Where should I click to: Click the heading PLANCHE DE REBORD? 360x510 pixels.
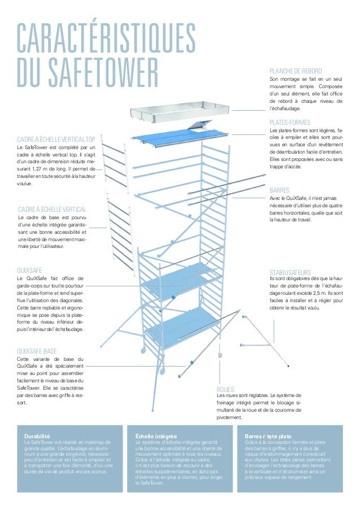click(296, 71)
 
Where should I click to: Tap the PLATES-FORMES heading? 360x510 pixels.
click(290, 122)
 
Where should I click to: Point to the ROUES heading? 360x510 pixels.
click(225, 389)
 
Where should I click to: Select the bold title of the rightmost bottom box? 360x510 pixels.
click(269, 437)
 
